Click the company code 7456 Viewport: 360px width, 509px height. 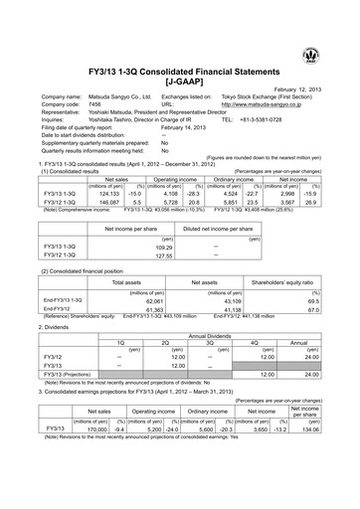tap(96, 104)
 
